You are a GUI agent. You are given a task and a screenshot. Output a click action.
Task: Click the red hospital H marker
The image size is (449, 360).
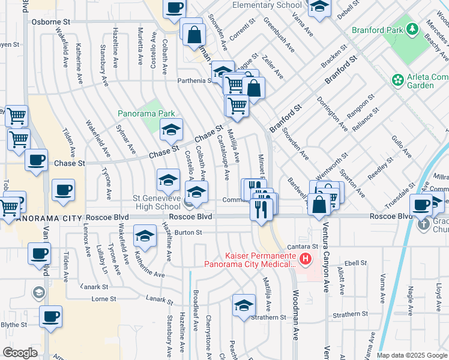click(306, 259)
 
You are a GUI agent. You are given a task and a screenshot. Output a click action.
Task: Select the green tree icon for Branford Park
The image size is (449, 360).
click(412, 29)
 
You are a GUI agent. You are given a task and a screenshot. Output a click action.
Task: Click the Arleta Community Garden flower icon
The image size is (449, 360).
click(397, 80)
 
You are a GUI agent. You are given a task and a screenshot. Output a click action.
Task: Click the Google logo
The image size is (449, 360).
click(20, 352)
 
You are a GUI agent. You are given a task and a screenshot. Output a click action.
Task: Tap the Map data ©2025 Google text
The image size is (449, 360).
click(412, 355)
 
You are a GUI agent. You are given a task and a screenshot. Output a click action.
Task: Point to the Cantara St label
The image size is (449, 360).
click(303, 246)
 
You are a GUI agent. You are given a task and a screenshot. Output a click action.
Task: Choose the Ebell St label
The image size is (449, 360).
click(355, 263)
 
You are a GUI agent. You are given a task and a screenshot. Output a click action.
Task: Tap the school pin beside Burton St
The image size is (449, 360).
click(145, 236)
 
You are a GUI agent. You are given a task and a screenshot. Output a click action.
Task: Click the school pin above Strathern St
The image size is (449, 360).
click(244, 305)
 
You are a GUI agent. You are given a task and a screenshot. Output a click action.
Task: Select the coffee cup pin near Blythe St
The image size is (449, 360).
click(50, 316)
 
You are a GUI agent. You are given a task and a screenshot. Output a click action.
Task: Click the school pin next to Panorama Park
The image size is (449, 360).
click(171, 129)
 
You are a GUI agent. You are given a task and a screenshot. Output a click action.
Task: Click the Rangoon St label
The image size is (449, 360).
click(364, 103)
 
